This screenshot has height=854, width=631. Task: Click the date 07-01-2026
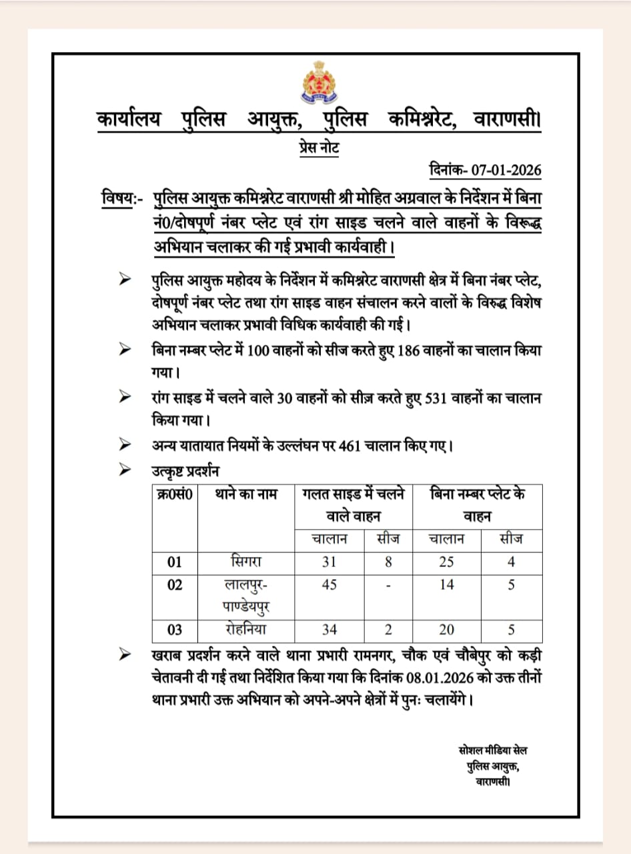tap(506, 169)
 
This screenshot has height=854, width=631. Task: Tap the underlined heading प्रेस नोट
tap(319, 147)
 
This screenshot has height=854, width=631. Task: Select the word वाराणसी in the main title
tap(506, 120)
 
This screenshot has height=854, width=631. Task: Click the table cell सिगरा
tap(246, 561)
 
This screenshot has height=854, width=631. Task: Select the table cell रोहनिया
tap(246, 629)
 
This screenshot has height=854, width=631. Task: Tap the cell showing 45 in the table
tap(329, 584)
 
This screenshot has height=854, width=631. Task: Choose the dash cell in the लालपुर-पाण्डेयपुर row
tap(388, 585)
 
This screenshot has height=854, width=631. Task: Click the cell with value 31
tap(329, 562)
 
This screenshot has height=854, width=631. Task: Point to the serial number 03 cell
tap(175, 630)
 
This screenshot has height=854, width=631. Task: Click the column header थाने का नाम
tap(246, 495)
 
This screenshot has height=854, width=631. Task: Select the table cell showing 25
tap(447, 562)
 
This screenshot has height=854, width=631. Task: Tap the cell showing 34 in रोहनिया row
tap(329, 630)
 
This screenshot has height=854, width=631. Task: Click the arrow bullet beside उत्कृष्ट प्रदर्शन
tap(124, 470)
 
